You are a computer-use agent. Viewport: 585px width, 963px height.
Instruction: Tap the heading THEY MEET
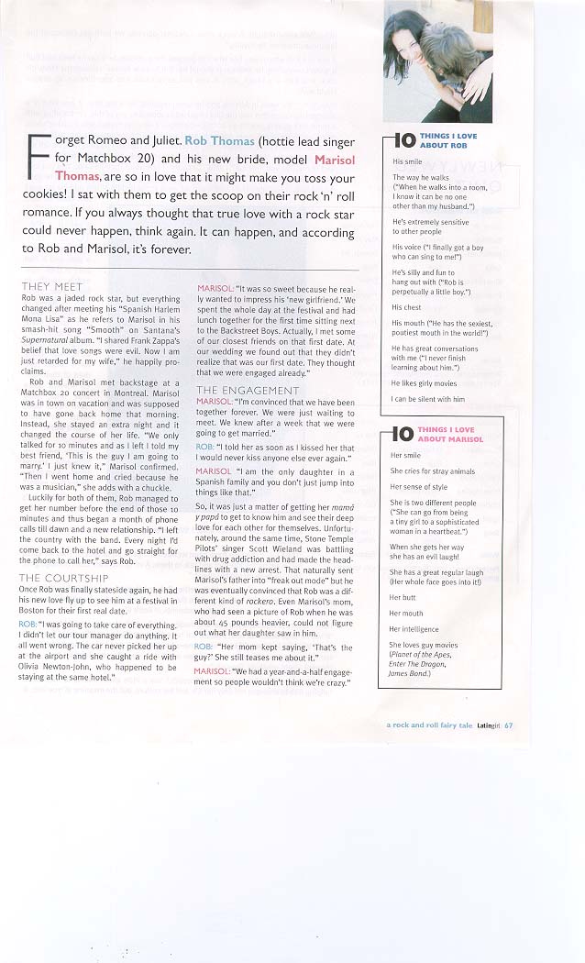(x=52, y=286)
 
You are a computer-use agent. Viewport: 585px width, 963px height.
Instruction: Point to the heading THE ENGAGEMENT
(x=248, y=390)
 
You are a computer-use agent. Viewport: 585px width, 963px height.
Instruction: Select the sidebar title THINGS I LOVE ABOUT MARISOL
(x=449, y=434)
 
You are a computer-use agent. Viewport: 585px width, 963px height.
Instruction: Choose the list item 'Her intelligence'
(x=414, y=629)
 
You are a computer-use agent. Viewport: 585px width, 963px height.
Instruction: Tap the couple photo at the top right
(x=437, y=61)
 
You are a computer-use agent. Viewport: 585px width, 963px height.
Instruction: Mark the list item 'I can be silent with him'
(x=428, y=399)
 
